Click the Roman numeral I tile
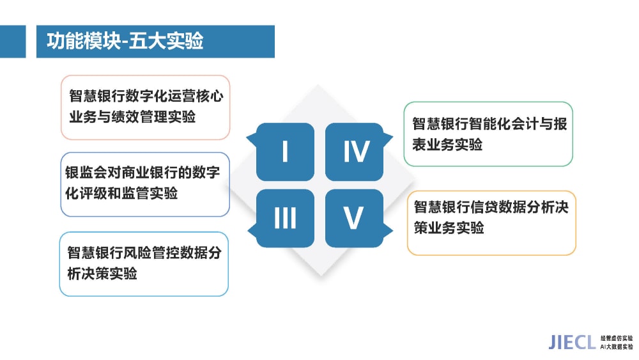point(285,152)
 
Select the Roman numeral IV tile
point(354,152)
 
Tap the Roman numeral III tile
point(285,218)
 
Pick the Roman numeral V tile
point(354,218)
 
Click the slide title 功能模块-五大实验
point(125,41)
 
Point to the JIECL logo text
point(572,343)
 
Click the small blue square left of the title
point(13,42)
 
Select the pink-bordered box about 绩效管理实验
point(145,107)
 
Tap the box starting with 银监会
point(145,184)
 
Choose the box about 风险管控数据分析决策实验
point(144,264)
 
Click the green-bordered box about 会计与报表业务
point(488,134)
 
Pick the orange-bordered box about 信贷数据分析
point(491,223)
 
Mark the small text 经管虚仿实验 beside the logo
point(617,338)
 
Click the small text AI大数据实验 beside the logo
point(617,347)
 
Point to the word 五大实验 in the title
point(166,41)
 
